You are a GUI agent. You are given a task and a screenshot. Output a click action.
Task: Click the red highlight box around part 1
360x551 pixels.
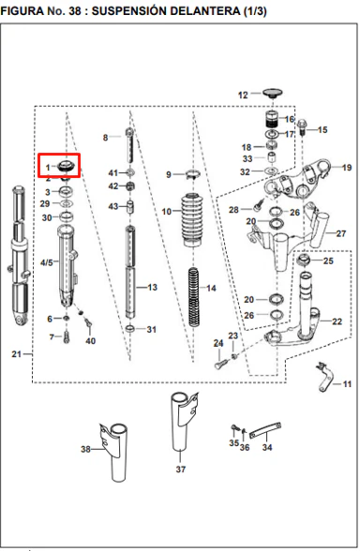(38, 165)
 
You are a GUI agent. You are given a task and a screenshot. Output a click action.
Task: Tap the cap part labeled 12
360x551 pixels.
(273, 93)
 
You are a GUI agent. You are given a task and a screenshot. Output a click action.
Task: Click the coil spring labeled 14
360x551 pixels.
(193, 296)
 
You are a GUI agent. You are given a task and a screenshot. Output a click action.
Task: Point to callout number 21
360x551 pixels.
(17, 354)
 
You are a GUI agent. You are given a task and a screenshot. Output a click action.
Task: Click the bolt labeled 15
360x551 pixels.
(302, 128)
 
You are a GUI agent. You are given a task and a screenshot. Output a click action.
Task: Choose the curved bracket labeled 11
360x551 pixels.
(324, 377)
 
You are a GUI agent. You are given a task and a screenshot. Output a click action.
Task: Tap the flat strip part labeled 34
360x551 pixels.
(265, 429)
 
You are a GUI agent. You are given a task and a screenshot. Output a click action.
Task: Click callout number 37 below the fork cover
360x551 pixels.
(181, 469)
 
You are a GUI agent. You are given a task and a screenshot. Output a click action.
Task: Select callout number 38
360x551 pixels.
(86, 449)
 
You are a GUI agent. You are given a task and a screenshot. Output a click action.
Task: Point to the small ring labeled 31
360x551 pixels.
(130, 329)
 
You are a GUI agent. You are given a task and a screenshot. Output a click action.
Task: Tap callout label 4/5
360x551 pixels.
(47, 262)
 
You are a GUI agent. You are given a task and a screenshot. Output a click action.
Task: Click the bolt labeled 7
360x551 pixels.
(66, 337)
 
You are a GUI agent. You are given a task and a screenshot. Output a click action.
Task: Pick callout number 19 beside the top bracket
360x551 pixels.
(347, 167)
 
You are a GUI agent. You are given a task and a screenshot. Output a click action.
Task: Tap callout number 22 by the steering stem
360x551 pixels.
(337, 321)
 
